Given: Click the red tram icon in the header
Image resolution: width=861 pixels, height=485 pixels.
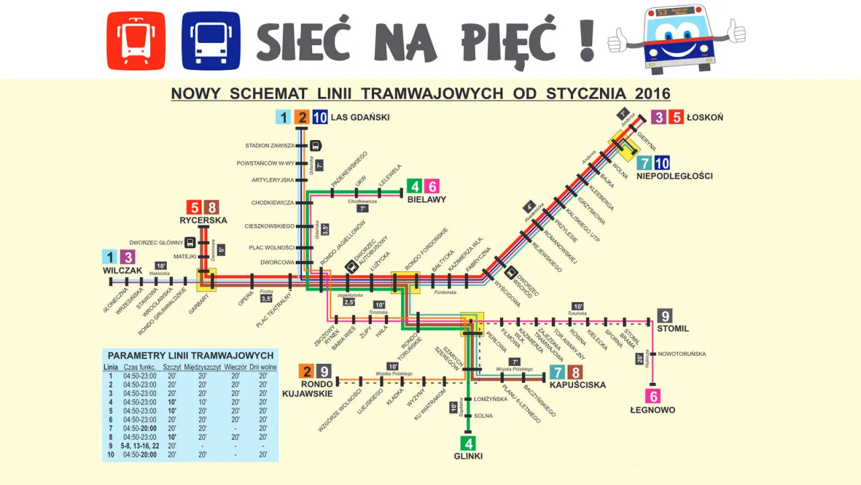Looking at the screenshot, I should (x=136, y=40).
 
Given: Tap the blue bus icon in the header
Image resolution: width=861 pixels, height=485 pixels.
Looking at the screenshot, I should (x=211, y=40).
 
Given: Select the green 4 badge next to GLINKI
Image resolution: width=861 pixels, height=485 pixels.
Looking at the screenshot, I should (x=467, y=443).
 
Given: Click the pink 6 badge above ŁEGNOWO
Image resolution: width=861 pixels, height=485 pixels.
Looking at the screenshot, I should (x=652, y=396).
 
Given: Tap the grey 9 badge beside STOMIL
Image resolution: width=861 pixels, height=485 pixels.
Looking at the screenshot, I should (x=665, y=315).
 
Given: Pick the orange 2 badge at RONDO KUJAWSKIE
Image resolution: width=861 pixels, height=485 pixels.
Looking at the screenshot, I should (x=306, y=371).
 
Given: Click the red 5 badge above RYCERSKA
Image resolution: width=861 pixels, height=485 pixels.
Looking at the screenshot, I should (x=194, y=208).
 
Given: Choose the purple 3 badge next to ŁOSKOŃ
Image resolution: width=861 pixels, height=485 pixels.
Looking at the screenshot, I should (x=659, y=117).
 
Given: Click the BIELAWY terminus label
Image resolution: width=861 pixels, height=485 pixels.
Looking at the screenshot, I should (x=427, y=200).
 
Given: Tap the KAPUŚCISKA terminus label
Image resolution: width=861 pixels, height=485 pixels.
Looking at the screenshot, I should (x=577, y=385).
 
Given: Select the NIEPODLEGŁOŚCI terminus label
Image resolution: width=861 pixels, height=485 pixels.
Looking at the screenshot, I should (x=674, y=176).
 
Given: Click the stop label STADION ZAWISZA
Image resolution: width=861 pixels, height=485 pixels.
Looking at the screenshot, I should (x=270, y=145).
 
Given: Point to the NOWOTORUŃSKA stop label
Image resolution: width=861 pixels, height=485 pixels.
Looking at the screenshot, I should (x=681, y=353).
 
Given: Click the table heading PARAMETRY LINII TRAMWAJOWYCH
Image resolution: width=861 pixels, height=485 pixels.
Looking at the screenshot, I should (x=190, y=355).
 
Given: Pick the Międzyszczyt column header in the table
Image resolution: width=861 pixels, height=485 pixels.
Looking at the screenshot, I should (x=202, y=367).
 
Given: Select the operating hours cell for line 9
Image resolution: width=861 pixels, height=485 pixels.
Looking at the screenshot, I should (x=139, y=446).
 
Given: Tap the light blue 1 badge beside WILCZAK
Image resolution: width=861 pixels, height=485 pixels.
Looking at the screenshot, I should (x=110, y=257).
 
